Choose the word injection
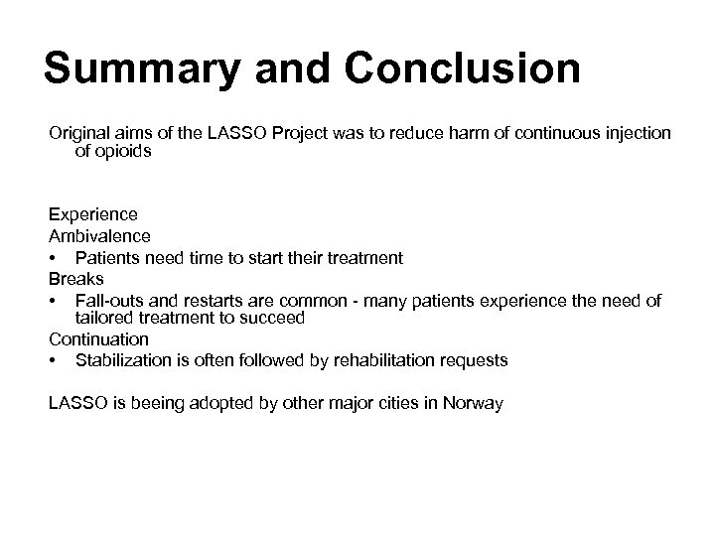[x=637, y=133]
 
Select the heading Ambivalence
[x=98, y=236]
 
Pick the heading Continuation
[x=98, y=339]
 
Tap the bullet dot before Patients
[x=53, y=258]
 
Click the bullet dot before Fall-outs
[x=53, y=300]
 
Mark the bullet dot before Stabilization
[x=53, y=361]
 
